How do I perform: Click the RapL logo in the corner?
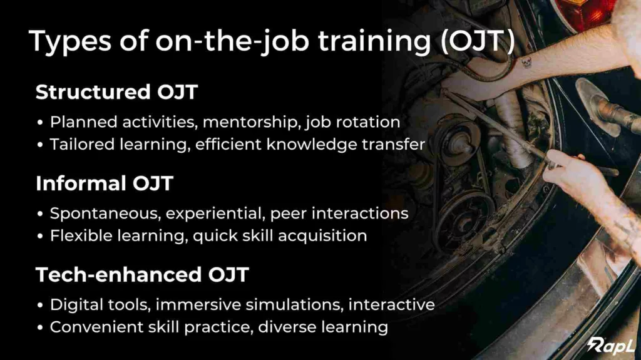(x=611, y=345)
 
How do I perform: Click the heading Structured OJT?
(x=117, y=92)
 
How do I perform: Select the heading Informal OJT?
(x=105, y=183)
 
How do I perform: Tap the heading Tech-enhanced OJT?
(x=142, y=274)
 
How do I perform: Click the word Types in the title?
(x=70, y=42)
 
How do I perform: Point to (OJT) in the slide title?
(x=478, y=41)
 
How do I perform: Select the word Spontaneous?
(x=105, y=214)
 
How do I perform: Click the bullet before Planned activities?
(x=39, y=123)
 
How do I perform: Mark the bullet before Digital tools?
(x=39, y=305)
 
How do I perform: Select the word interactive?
(x=392, y=305)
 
